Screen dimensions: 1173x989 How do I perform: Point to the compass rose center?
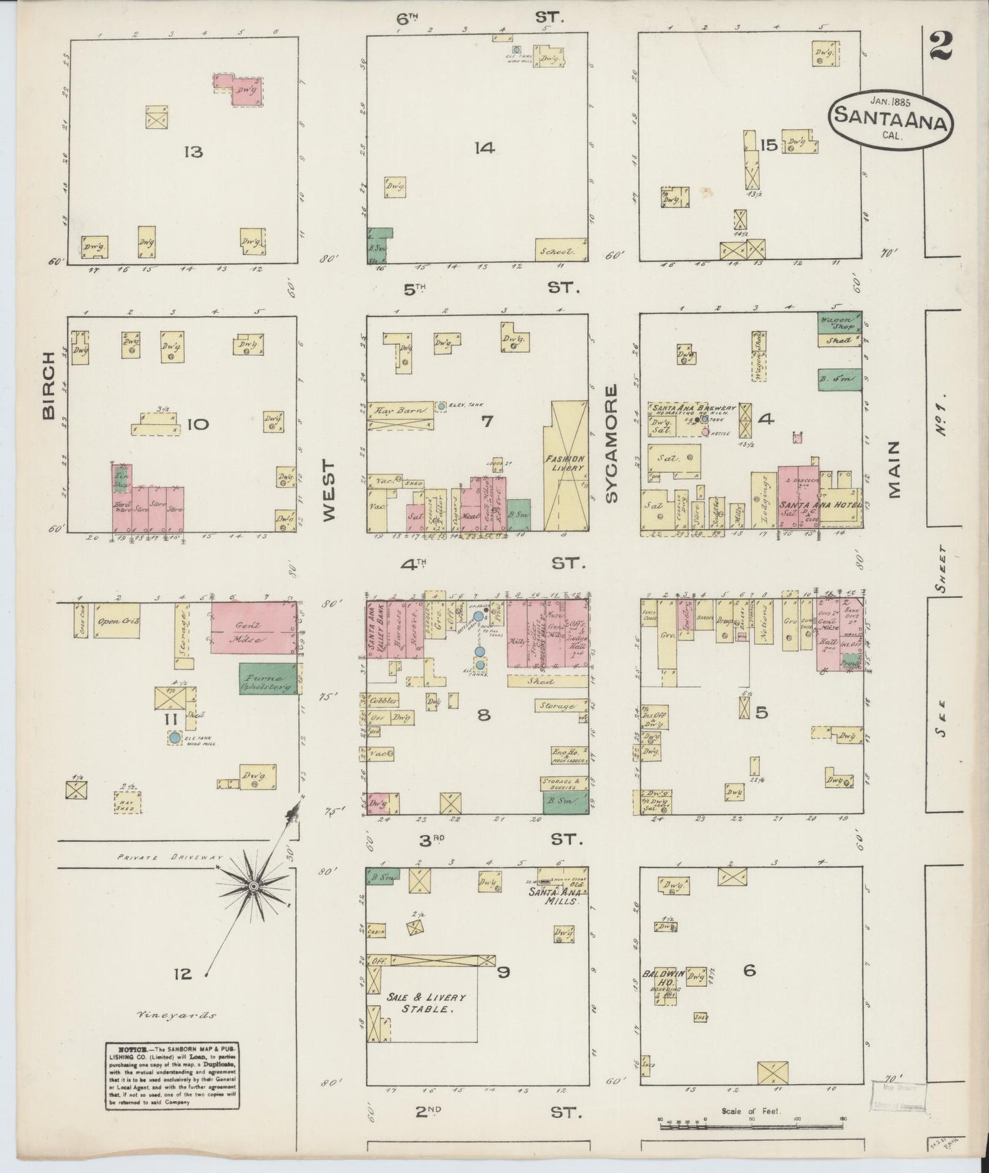[253, 887]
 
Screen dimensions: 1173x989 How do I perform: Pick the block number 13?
[193, 152]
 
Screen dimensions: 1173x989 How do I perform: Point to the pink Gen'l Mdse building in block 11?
[252, 628]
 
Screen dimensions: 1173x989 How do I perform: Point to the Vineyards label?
[177, 1016]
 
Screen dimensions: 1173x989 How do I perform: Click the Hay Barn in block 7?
[400, 410]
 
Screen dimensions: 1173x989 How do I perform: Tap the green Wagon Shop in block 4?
[838, 321]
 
